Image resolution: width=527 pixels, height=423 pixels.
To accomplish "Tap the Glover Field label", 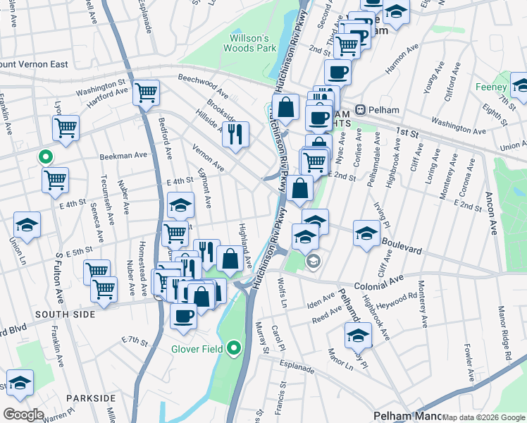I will click(x=197, y=348).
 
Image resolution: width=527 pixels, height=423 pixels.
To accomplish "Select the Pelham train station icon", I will click(x=359, y=110).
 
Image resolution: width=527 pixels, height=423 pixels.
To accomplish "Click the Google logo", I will click(x=24, y=414).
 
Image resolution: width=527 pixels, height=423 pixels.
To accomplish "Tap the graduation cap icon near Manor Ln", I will click(x=358, y=336).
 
